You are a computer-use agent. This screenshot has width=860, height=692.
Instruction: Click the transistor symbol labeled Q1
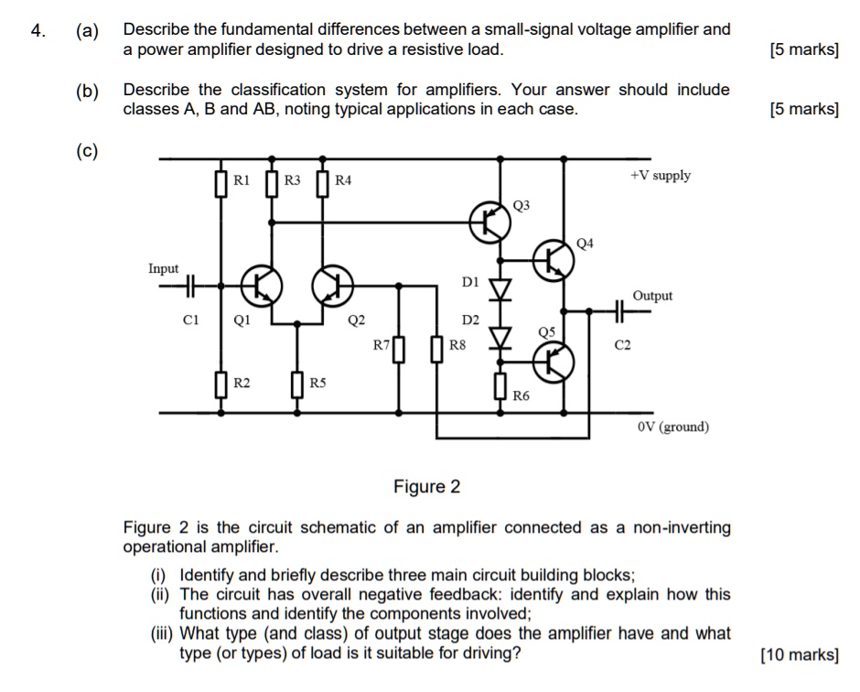click(x=261, y=286)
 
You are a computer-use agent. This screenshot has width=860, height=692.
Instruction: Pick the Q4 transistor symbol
click(x=554, y=262)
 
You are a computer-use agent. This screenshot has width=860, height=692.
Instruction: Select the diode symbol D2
click(x=500, y=338)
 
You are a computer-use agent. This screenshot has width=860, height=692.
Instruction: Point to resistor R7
click(x=398, y=350)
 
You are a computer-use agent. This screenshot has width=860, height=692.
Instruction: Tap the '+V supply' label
click(x=661, y=176)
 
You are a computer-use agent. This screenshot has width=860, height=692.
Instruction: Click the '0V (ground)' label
click(x=672, y=427)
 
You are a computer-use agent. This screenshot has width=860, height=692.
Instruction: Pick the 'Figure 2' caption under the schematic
click(x=426, y=487)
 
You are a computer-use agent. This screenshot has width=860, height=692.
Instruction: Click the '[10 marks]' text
click(x=799, y=654)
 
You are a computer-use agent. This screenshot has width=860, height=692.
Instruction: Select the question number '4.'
click(x=38, y=30)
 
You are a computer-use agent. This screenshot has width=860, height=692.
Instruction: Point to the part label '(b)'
click(x=88, y=91)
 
